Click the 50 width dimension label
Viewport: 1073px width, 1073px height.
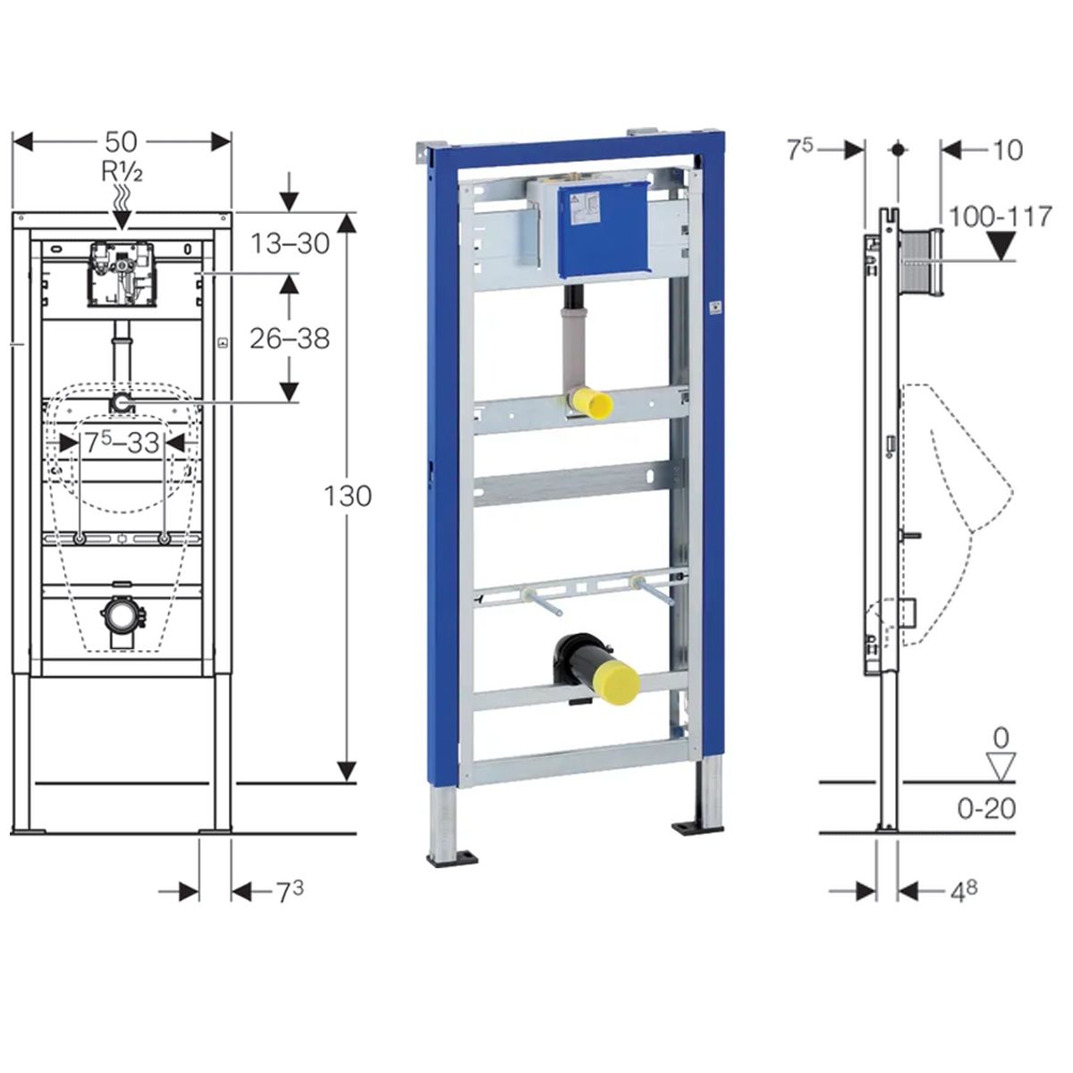(x=121, y=142)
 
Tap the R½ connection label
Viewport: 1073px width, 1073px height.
(x=122, y=172)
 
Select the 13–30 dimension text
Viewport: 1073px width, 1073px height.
(x=290, y=243)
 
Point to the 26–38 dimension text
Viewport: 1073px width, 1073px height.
(x=290, y=338)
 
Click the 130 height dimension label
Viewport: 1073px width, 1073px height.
(x=348, y=495)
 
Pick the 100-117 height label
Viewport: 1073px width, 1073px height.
(x=1000, y=216)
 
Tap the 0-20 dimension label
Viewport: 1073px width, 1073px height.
(x=986, y=808)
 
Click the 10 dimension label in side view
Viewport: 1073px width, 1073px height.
(x=1008, y=150)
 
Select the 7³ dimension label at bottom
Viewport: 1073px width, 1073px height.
(x=290, y=892)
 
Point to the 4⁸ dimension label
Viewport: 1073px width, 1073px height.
(x=964, y=892)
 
